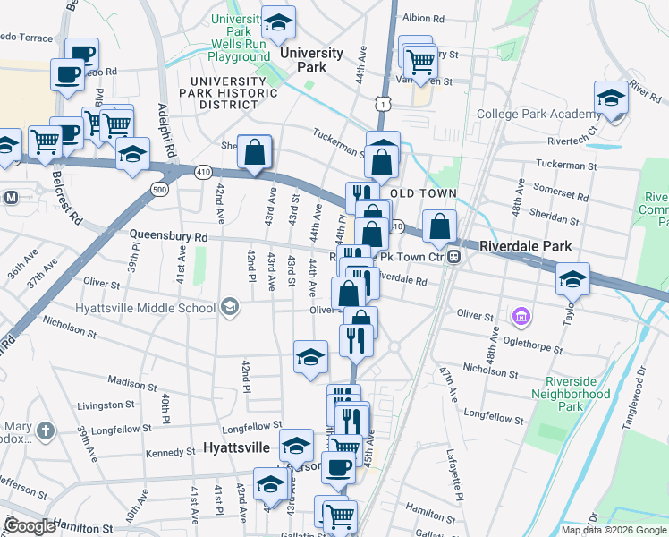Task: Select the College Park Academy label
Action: [x=538, y=114]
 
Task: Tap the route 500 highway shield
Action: [x=159, y=190]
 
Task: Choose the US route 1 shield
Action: [x=383, y=105]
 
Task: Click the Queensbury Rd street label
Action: [x=168, y=236]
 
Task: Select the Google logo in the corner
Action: [x=30, y=525]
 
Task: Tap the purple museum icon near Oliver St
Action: [x=521, y=316]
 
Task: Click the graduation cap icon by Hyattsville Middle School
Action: [x=230, y=308]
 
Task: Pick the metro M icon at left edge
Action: [x=12, y=197]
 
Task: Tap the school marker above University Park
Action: [x=278, y=24]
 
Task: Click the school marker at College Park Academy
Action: [x=611, y=97]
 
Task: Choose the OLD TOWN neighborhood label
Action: [x=423, y=193]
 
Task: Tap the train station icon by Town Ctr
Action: [x=454, y=258]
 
